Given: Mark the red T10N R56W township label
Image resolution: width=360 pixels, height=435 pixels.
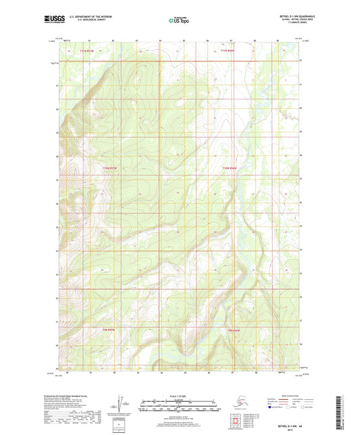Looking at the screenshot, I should click(x=231, y=168).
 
